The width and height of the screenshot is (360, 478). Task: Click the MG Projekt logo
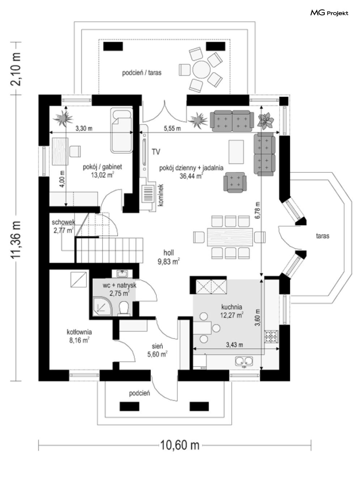(329, 13)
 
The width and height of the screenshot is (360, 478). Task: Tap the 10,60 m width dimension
(179, 445)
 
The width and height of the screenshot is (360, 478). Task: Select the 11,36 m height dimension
(15, 239)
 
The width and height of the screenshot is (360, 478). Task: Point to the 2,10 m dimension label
(15, 69)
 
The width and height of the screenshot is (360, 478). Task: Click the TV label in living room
(156, 152)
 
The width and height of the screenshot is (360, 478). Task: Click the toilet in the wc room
(124, 309)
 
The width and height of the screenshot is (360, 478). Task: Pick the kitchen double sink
(244, 360)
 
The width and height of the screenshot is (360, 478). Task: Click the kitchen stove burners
(271, 337)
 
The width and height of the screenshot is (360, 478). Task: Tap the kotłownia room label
(79, 332)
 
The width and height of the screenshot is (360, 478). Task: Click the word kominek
(161, 195)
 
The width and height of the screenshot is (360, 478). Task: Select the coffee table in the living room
(237, 152)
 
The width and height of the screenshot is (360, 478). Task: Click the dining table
(230, 237)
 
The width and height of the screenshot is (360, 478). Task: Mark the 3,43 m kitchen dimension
(234, 345)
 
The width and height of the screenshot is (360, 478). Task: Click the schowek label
(63, 222)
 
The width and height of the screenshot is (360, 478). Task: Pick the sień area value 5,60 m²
(157, 355)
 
